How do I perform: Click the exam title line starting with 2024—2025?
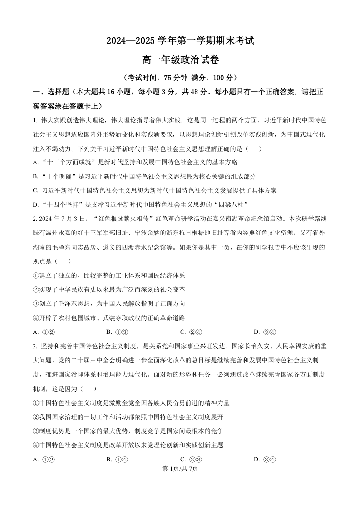coord(180,41)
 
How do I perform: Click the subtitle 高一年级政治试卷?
coord(180,59)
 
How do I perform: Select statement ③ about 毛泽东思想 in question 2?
coord(108,303)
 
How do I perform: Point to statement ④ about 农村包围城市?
coord(108,318)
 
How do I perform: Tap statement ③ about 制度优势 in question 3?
coord(128,431)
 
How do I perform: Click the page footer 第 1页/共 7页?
coord(180,469)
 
